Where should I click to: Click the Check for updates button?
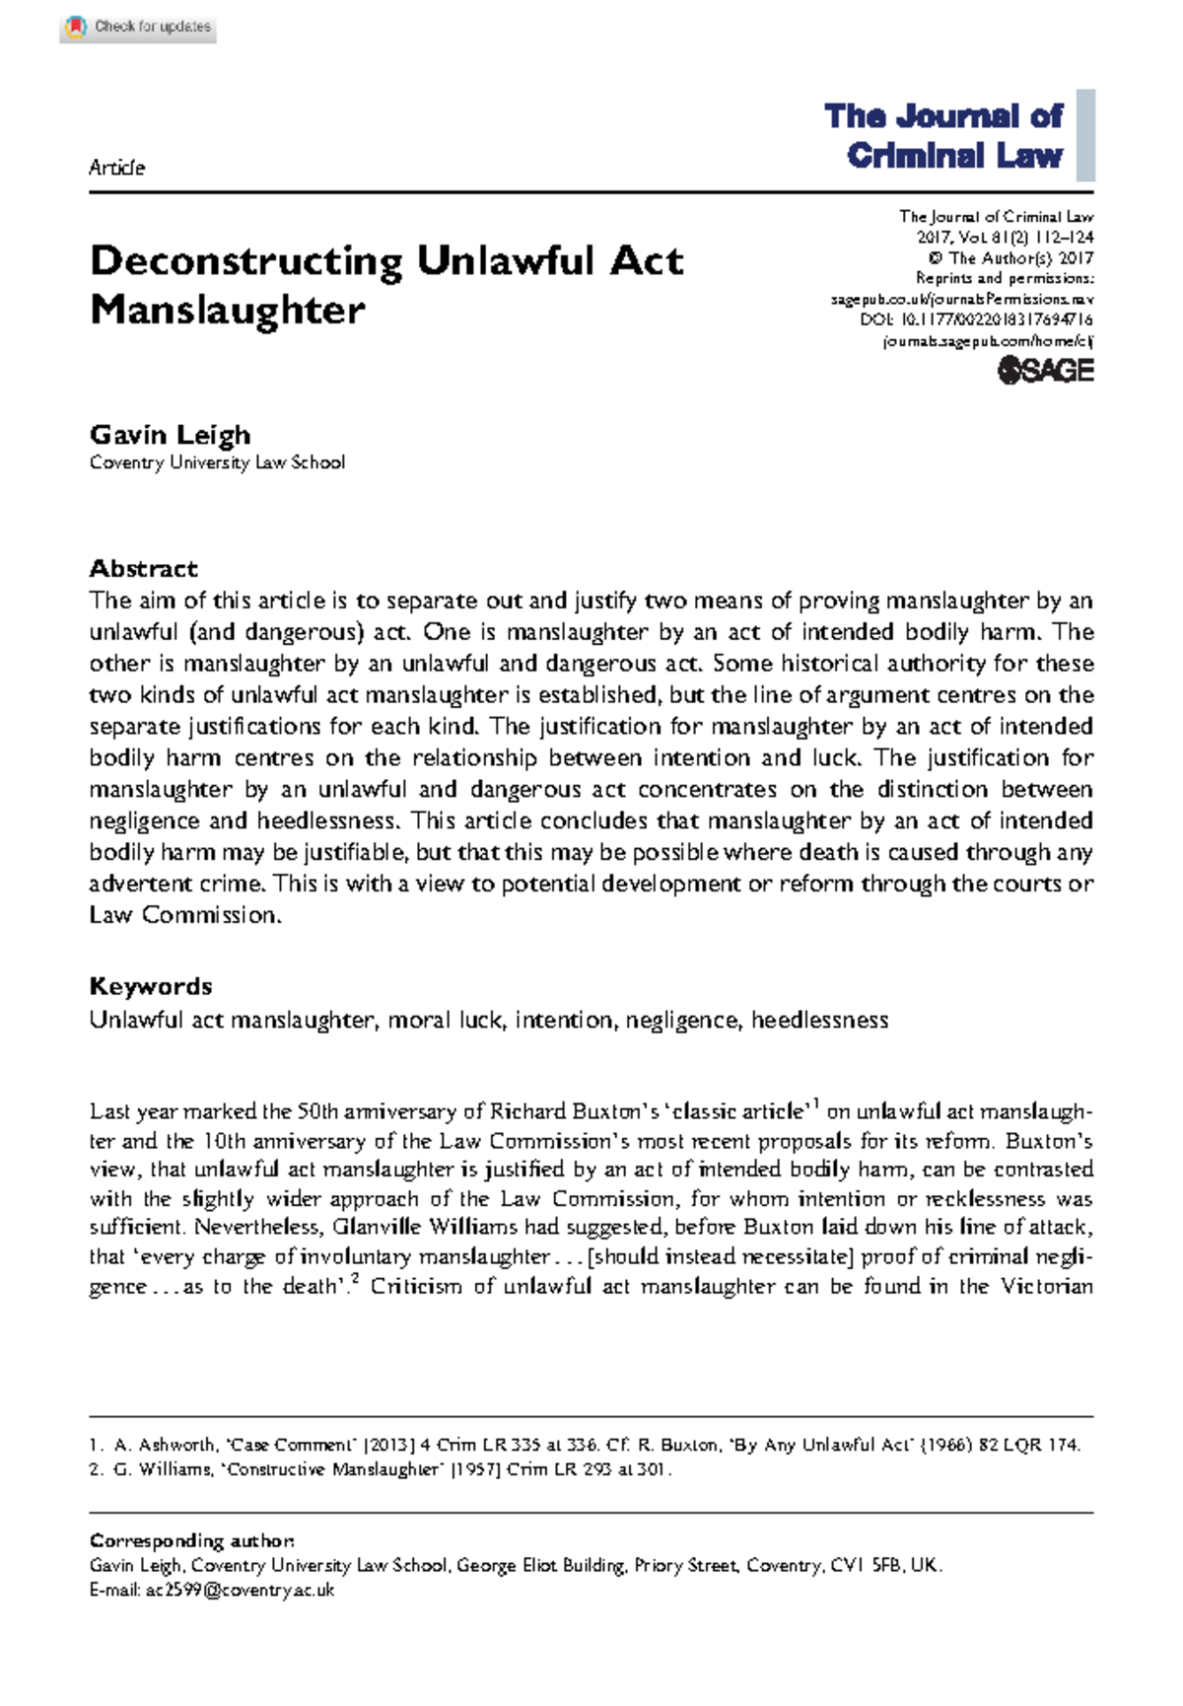[138, 28]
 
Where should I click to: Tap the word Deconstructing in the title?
[246, 262]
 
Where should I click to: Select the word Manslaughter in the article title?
[228, 311]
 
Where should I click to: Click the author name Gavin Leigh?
[170, 435]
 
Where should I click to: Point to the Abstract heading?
[143, 569]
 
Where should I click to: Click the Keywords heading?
[150, 987]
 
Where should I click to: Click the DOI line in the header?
[976, 320]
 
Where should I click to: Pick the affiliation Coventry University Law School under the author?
[217, 462]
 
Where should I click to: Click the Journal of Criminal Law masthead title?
[944, 136]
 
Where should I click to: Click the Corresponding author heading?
[191, 1540]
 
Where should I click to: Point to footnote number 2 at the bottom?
[95, 1469]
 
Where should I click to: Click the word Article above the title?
[116, 168]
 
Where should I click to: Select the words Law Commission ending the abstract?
[184, 915]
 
